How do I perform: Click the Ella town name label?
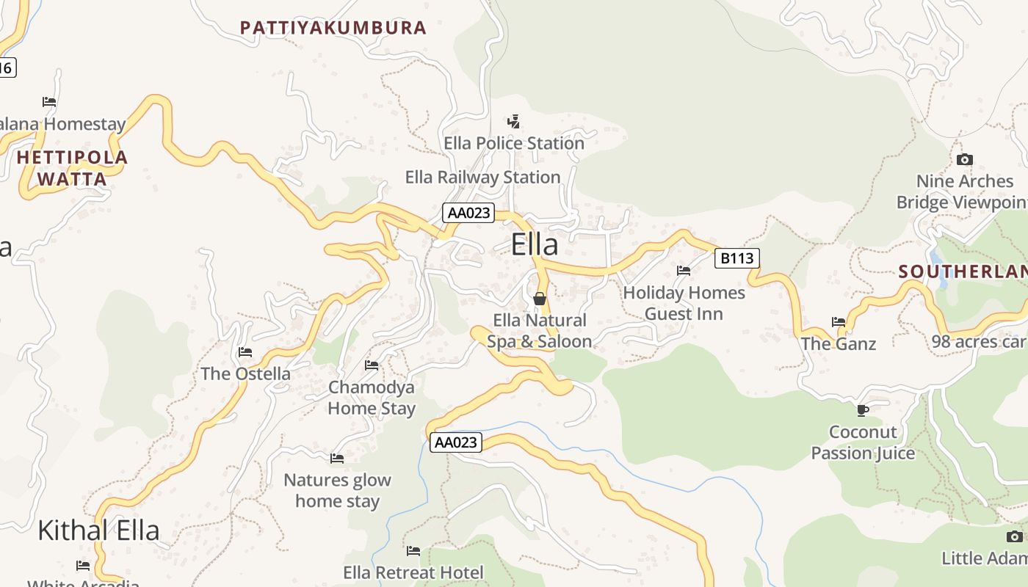pyautogui.click(x=535, y=244)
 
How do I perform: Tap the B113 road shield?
pyautogui.click(x=736, y=258)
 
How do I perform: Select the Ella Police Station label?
pyautogui.click(x=514, y=143)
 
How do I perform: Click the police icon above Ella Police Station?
pyautogui.click(x=514, y=121)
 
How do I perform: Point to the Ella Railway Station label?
pyautogui.click(x=482, y=177)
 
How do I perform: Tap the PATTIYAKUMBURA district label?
pyautogui.click(x=333, y=28)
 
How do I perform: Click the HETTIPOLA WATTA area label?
pyautogui.click(x=72, y=168)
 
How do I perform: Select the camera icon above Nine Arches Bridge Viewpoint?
pyautogui.click(x=965, y=159)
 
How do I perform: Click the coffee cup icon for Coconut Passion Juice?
pyautogui.click(x=863, y=409)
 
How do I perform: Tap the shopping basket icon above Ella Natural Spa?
pyautogui.click(x=540, y=299)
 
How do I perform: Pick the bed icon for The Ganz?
pyautogui.click(x=839, y=321)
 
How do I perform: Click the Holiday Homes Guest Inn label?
pyautogui.click(x=684, y=303)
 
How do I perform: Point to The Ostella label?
pyautogui.click(x=245, y=373)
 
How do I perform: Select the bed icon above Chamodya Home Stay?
pyautogui.click(x=372, y=365)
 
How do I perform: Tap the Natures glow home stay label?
pyautogui.click(x=337, y=491)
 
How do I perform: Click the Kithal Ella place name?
pyautogui.click(x=98, y=530)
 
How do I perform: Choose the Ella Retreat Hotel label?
pyautogui.click(x=413, y=572)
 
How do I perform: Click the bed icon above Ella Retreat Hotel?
pyautogui.click(x=413, y=550)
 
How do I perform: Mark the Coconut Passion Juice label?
pyautogui.click(x=863, y=442)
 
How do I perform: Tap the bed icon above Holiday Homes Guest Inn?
pyautogui.click(x=684, y=270)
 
